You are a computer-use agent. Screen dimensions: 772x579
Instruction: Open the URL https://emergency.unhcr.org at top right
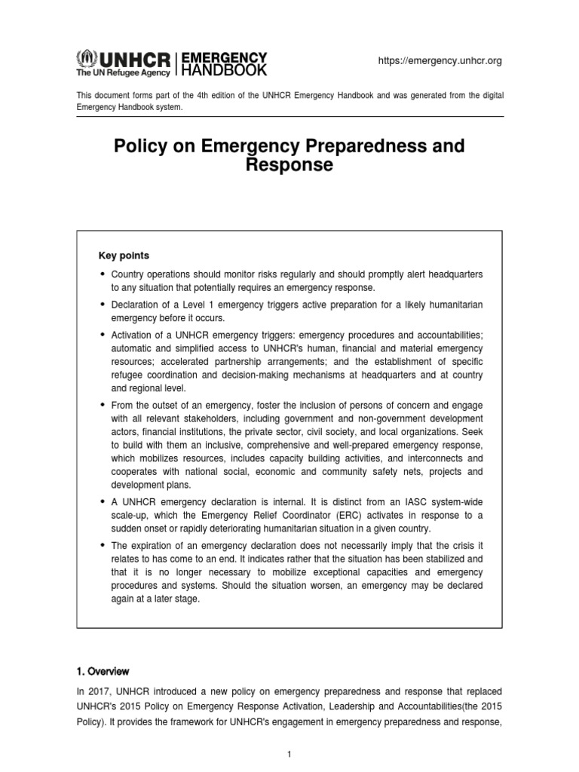click(440, 61)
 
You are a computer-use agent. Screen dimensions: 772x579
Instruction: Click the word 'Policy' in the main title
click(142, 146)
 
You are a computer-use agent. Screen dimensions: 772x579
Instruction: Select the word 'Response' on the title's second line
click(289, 165)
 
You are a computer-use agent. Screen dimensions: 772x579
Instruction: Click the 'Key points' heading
click(124, 256)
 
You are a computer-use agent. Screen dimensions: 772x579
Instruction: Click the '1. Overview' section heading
click(103, 671)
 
